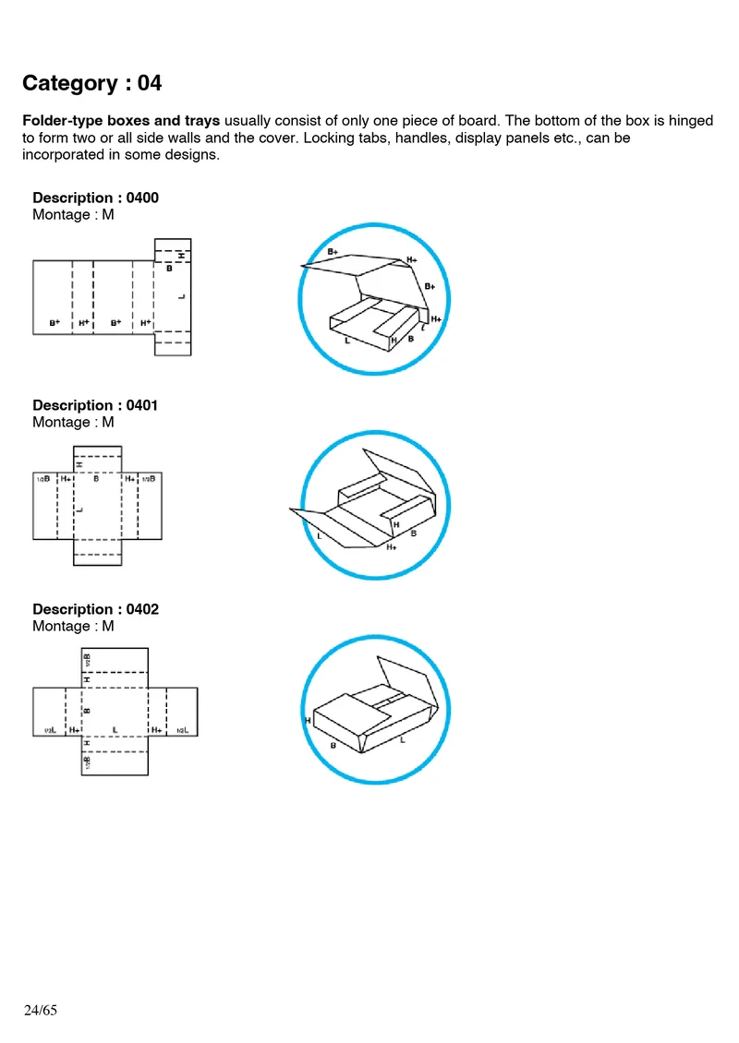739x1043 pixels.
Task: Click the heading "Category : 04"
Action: click(x=91, y=84)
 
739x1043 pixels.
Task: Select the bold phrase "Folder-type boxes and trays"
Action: click(x=121, y=121)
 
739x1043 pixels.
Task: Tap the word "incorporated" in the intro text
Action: click(x=63, y=155)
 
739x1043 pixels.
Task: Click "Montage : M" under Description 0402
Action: click(x=73, y=626)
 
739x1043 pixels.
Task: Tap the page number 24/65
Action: click(x=41, y=1010)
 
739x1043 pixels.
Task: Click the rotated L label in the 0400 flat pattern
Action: click(x=182, y=296)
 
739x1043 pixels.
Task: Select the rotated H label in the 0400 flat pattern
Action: click(x=182, y=255)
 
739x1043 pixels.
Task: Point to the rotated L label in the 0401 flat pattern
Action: click(x=80, y=509)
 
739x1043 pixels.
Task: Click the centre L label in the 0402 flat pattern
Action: click(x=114, y=730)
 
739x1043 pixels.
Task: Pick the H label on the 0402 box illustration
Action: click(x=306, y=720)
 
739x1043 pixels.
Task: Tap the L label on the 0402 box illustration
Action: click(x=402, y=739)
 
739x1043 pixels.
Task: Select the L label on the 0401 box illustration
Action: click(x=319, y=535)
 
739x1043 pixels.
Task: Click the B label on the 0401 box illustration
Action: click(x=413, y=533)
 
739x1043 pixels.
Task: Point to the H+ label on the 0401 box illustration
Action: click(x=392, y=547)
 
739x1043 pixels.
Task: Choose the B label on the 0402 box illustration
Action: click(x=333, y=745)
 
